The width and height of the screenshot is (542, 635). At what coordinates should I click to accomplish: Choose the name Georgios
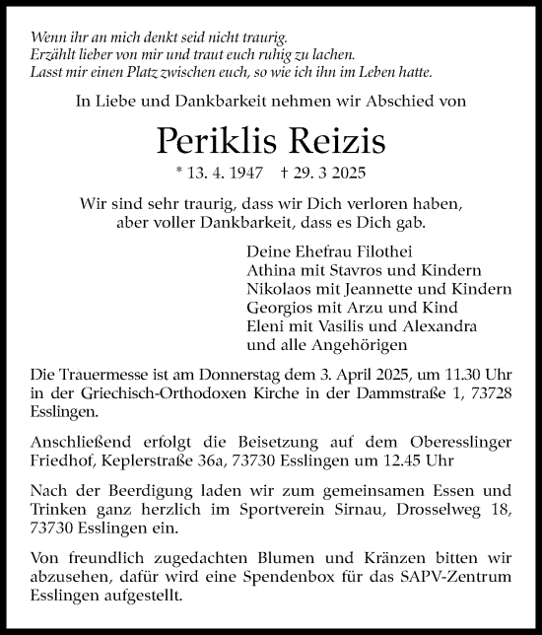(x=281, y=308)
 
